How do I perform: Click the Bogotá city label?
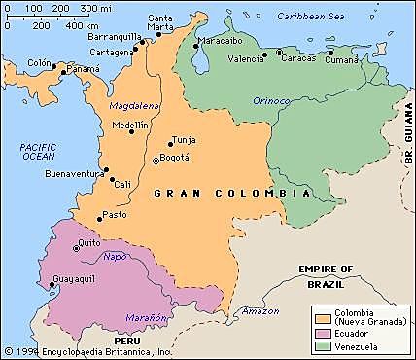[x=176, y=157]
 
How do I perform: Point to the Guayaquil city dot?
[x=52, y=285]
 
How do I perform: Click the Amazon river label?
[x=260, y=310]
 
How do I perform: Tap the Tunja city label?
[x=183, y=139]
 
